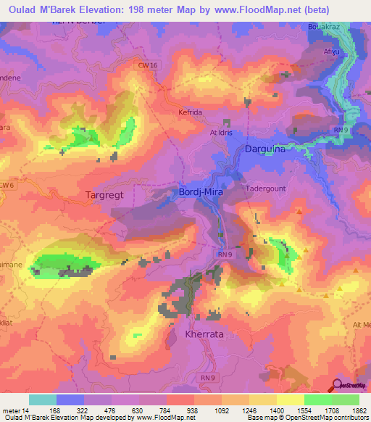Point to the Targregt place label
click(x=109, y=195)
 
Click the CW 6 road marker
click(x=7, y=186)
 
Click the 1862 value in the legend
click(x=357, y=411)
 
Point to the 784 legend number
click(x=164, y=411)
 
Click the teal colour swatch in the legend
click(x=42, y=400)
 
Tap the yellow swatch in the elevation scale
click(x=290, y=400)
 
